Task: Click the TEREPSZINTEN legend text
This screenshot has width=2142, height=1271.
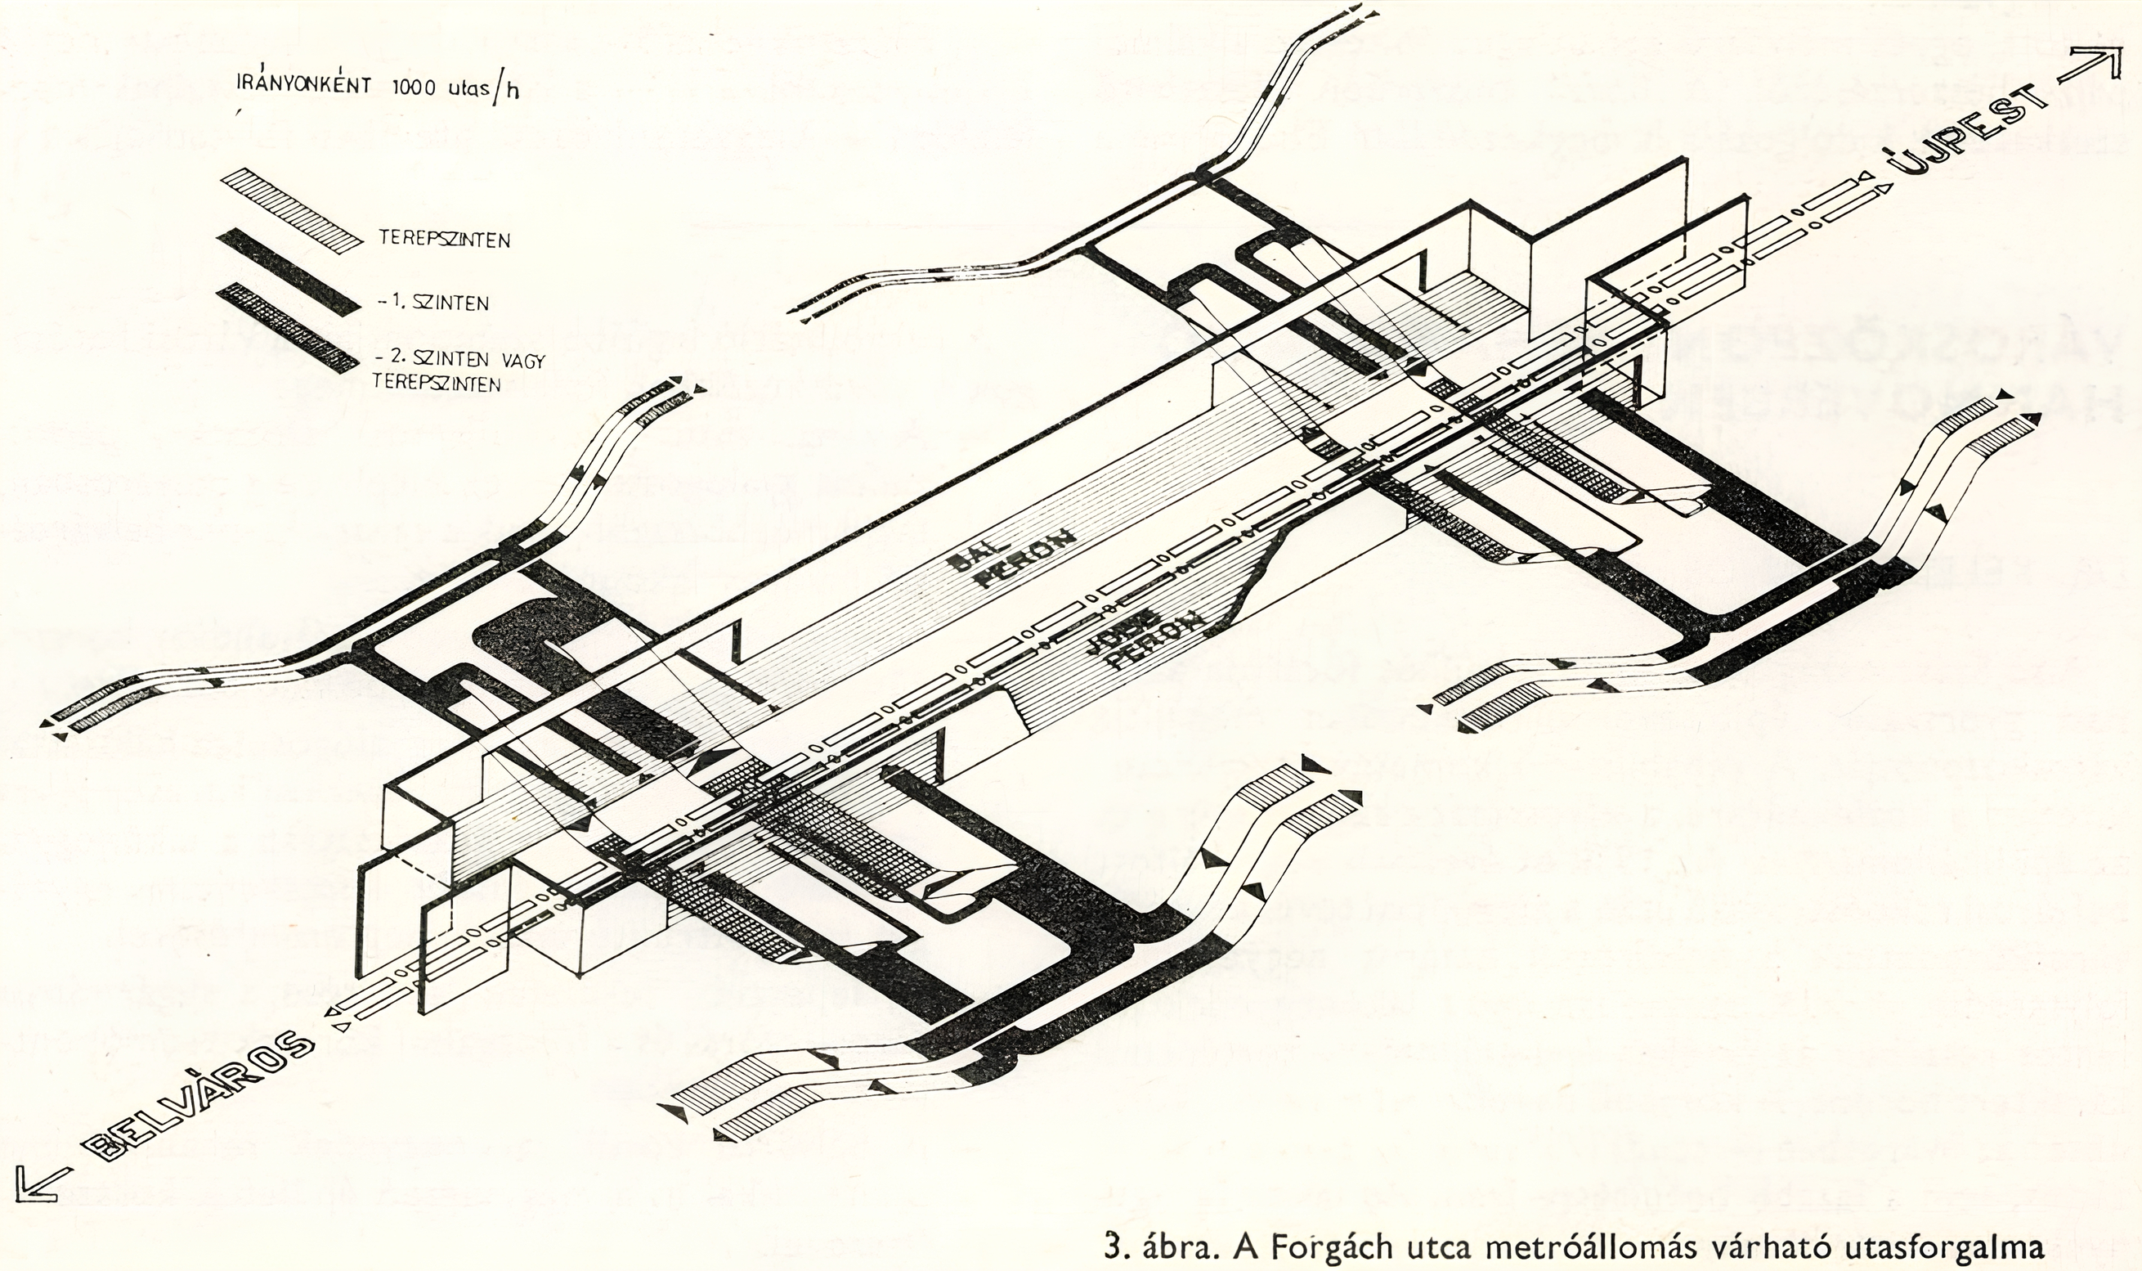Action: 446,239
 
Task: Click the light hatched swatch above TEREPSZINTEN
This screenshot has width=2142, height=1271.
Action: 291,209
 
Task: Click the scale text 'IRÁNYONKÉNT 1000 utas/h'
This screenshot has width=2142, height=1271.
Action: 378,89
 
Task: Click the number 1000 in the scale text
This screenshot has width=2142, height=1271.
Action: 415,88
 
